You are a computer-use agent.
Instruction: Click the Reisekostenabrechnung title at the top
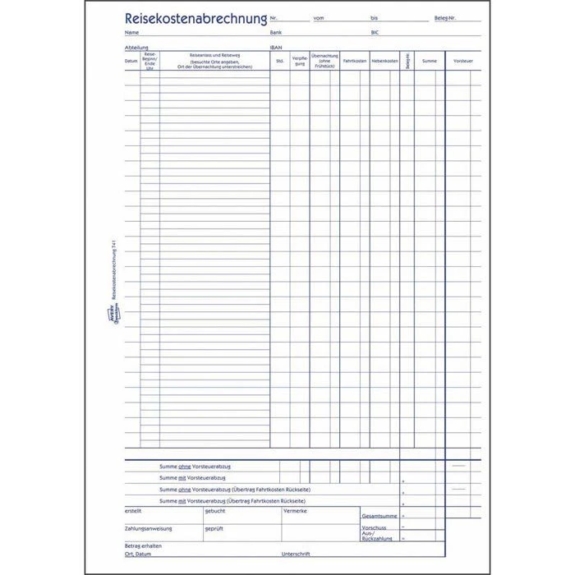tap(195, 16)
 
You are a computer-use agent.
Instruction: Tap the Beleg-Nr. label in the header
tap(447, 18)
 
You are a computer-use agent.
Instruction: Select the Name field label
tap(131, 32)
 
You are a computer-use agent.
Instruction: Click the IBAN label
tap(275, 48)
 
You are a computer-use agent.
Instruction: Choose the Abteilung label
tap(136, 48)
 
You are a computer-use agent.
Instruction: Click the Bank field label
tap(275, 32)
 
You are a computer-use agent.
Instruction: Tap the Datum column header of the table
tap(131, 61)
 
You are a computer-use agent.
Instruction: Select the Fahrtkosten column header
tap(354, 61)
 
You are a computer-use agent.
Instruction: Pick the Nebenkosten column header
tap(384, 61)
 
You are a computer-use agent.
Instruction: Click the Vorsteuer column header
tap(463, 61)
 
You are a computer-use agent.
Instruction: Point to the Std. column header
tap(280, 61)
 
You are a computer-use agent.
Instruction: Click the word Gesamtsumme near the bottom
tap(379, 516)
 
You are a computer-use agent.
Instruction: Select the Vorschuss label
tap(374, 528)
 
